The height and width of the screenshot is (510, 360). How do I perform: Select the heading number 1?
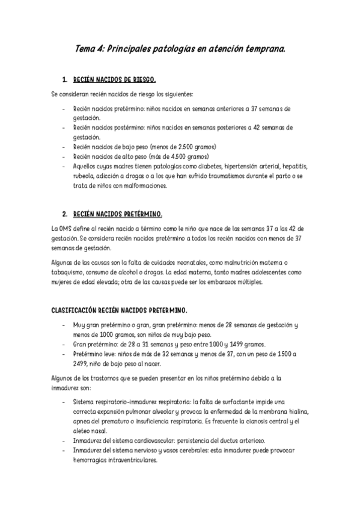(x=64, y=79)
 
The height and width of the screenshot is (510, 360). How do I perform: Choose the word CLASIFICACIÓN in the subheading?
(x=67, y=311)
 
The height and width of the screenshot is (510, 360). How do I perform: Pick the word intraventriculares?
(x=130, y=460)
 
